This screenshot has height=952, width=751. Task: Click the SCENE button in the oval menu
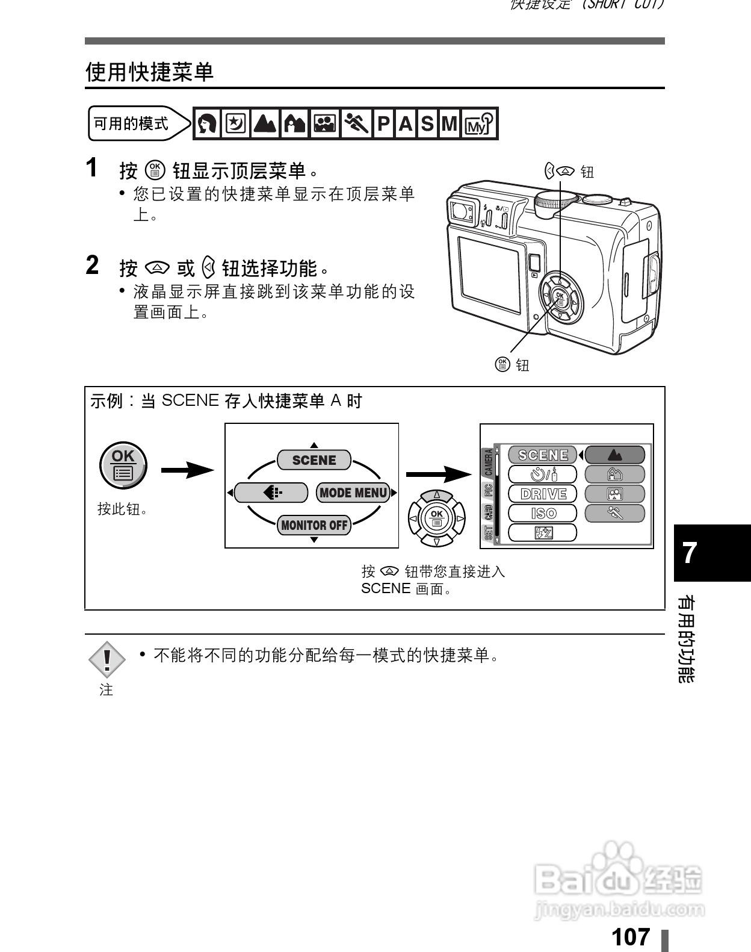point(314,460)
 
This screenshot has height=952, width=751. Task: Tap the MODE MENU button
point(353,493)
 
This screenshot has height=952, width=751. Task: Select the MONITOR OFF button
point(314,525)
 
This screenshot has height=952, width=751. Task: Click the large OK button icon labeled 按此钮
point(123,465)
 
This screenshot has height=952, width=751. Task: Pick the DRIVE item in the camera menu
point(543,494)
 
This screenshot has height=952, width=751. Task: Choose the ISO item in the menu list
point(543,514)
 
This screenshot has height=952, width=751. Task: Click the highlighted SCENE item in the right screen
point(543,455)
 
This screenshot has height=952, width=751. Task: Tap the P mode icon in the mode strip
point(383,124)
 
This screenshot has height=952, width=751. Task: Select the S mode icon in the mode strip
point(427,124)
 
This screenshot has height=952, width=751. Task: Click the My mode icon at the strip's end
point(480,124)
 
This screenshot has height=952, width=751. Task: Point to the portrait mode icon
point(208,124)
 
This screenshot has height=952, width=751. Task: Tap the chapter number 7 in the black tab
point(690,552)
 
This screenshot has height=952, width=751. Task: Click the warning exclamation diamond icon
point(107,659)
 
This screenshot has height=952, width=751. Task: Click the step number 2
point(93,266)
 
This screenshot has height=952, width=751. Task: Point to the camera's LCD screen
point(489,274)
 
